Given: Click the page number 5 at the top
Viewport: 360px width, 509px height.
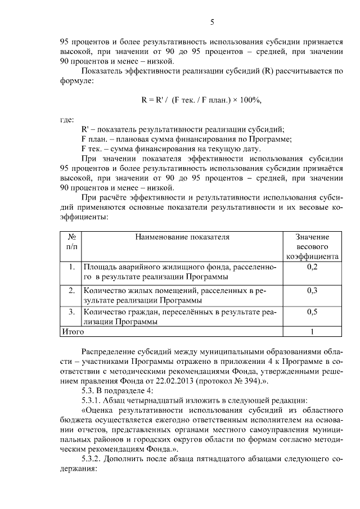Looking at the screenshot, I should coord(212,22).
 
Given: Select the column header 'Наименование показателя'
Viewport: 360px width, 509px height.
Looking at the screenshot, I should coord(182,237).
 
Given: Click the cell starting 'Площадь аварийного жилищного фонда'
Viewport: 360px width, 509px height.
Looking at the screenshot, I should coord(180,272).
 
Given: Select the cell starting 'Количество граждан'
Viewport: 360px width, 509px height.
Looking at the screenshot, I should coord(180,317).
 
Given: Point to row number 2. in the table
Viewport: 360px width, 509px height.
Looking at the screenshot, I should coord(71,291).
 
